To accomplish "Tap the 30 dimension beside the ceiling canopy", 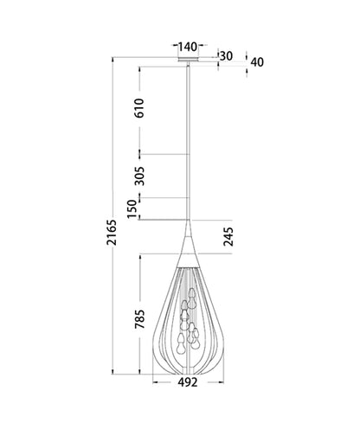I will pos(228,57).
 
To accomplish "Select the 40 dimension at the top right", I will pos(257,61).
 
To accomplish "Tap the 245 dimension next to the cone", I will pos(228,237).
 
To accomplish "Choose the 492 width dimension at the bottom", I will pos(188,381).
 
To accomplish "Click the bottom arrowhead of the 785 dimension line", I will pos(140,369).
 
